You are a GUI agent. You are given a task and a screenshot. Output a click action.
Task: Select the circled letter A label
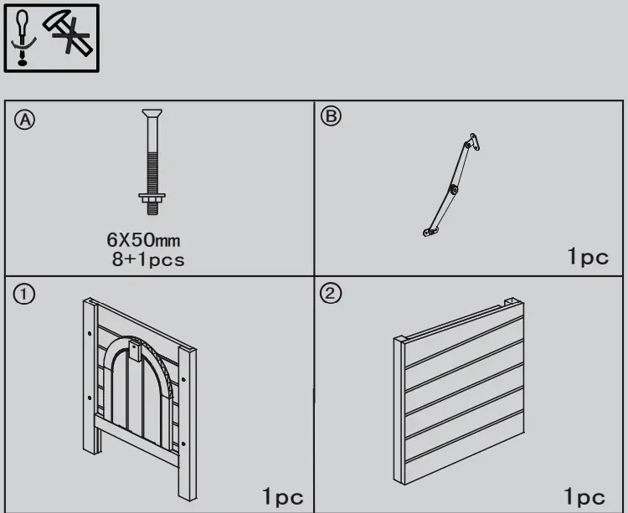[x=25, y=120]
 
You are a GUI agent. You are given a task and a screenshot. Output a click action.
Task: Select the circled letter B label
[x=332, y=117]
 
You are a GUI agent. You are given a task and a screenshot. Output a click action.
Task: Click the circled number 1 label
[x=25, y=294]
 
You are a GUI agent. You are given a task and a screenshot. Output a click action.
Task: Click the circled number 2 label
[x=332, y=294]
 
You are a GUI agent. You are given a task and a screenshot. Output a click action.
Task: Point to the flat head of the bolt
[x=152, y=114]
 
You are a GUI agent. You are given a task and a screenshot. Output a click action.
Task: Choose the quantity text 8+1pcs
[x=149, y=259]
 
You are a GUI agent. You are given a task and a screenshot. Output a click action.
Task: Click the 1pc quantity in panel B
[x=588, y=257]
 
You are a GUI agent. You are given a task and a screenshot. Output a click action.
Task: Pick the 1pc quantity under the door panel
[x=283, y=497]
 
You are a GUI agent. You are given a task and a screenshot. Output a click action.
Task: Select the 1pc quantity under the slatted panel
[x=584, y=497]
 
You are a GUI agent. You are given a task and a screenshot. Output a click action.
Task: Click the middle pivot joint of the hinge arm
[x=453, y=189]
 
